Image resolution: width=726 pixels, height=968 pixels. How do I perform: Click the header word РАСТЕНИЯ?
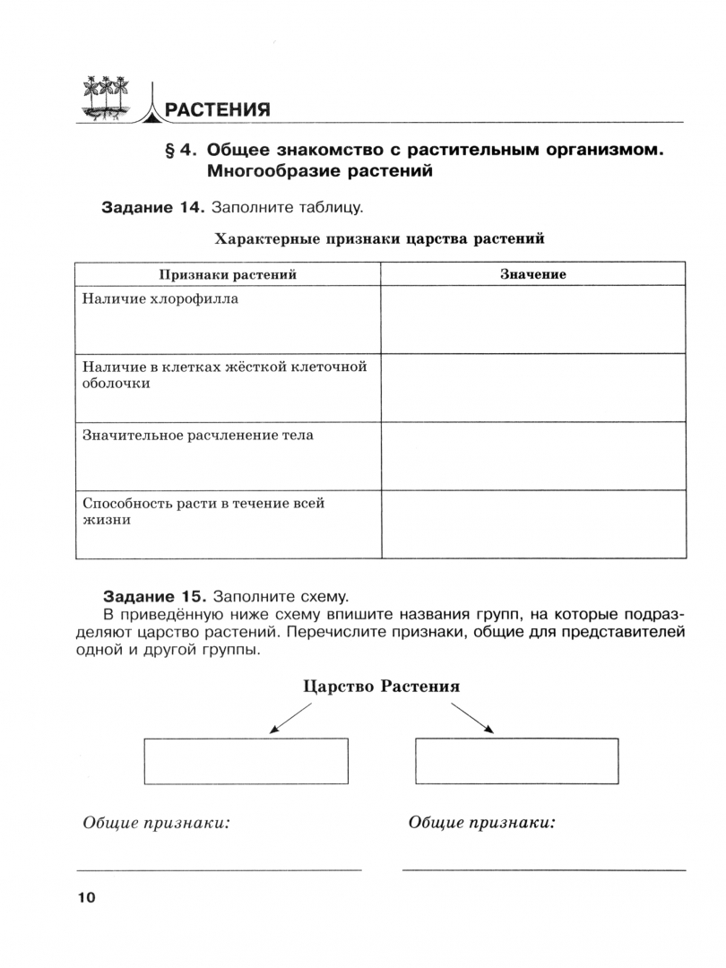219,111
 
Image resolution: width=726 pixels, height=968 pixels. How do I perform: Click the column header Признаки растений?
228,274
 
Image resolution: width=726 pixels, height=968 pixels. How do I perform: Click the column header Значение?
532,274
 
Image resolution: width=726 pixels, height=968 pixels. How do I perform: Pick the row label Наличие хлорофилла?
160,299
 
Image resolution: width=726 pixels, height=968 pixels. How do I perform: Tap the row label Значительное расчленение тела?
198,436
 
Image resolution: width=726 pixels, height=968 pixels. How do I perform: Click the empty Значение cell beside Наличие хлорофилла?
532,319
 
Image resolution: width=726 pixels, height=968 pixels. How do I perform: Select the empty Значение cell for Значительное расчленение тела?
532,455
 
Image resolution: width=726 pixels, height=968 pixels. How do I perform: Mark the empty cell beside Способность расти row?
532,523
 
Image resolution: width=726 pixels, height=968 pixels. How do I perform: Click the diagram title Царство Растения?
382,687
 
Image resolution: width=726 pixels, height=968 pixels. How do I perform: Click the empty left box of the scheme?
246,761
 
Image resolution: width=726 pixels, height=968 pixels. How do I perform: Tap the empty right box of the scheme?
517,761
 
